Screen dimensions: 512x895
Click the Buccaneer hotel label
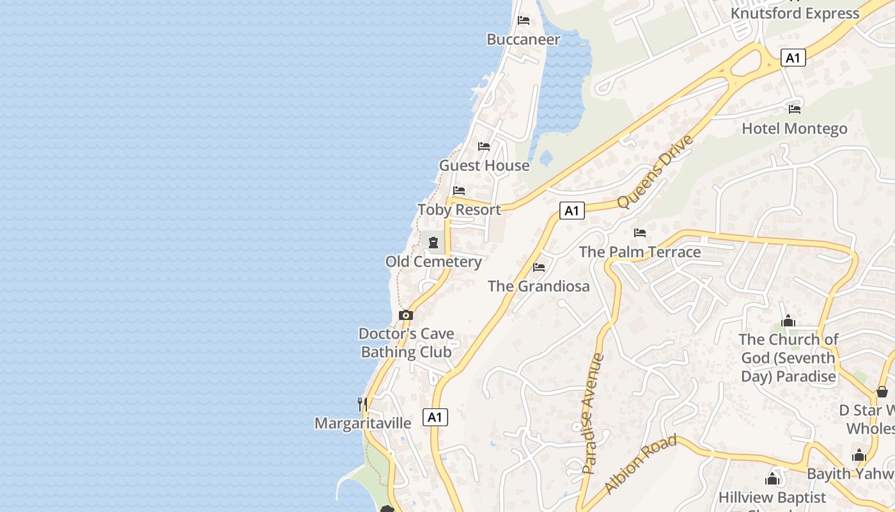tap(523, 40)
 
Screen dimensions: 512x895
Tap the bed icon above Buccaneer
tap(524, 20)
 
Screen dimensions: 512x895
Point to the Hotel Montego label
tap(794, 129)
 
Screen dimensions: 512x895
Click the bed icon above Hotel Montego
tap(795, 109)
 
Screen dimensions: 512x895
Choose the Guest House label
tap(484, 166)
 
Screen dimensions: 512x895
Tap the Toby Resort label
tap(459, 210)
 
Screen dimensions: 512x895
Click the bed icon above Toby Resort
tap(459, 191)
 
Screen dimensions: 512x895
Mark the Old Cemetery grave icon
tap(433, 243)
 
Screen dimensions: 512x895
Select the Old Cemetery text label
tap(433, 262)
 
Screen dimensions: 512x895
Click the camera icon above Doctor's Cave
tap(406, 315)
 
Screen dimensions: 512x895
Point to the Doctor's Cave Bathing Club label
tap(407, 343)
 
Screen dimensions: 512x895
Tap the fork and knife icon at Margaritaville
tap(362, 404)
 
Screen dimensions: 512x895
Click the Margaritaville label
tap(362, 424)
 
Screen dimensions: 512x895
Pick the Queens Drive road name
tap(655, 171)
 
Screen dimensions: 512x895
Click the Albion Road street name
tap(640, 464)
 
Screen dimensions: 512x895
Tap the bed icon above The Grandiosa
tap(539, 267)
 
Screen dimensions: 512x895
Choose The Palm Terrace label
tap(639, 252)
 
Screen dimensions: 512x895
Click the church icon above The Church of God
tap(788, 321)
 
